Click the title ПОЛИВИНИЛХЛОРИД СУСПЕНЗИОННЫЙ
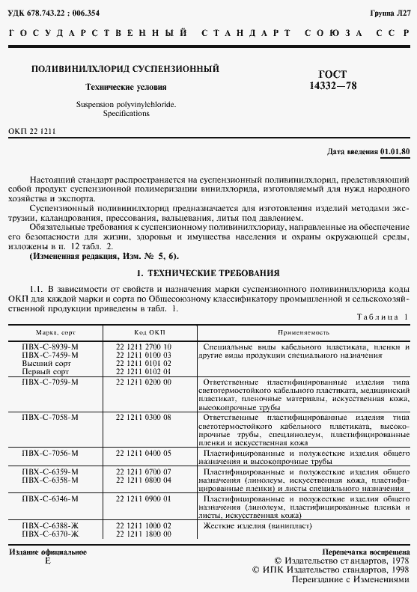click(x=124, y=69)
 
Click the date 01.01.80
click(x=395, y=152)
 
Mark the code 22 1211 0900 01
click(x=144, y=498)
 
